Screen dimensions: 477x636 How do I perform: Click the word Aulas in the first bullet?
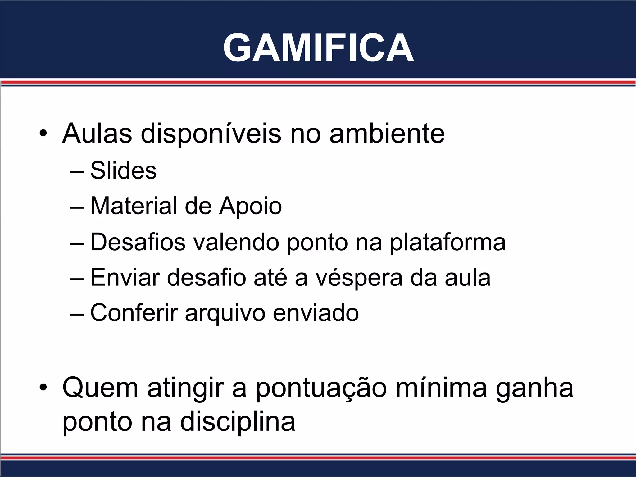tap(97, 134)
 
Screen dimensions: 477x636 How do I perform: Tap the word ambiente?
tap(387, 134)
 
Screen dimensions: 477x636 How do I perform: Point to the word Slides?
tap(123, 170)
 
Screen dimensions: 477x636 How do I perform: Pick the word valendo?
tap(236, 242)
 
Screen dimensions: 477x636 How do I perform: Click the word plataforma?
tap(447, 243)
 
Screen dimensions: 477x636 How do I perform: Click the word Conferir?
tap(134, 313)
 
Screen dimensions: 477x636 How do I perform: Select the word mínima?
tap(441, 388)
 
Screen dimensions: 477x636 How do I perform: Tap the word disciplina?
tap(238, 422)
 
